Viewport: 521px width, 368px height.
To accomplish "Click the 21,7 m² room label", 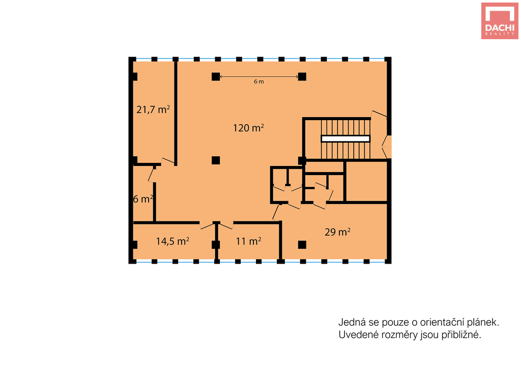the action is point(153,109).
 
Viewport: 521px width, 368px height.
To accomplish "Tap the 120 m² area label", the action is point(248,128).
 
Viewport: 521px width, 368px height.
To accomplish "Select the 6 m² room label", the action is point(143,199).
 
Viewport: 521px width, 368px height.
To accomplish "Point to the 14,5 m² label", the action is point(173,241).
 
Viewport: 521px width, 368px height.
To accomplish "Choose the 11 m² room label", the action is point(248,241).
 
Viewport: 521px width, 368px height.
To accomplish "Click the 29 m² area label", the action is point(338,232).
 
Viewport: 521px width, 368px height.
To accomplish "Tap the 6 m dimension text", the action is point(259,81).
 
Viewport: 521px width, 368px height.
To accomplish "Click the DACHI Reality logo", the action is point(500,21).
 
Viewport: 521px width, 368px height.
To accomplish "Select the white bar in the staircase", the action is point(345,138).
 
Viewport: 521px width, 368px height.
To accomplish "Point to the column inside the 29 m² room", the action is point(302,245).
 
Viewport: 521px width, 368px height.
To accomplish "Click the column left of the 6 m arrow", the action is point(216,77).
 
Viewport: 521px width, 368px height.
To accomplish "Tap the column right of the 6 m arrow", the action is point(302,77).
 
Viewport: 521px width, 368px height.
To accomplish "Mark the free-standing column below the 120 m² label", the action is point(216,160).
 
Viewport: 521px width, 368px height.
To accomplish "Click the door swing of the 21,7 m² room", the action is point(168,161).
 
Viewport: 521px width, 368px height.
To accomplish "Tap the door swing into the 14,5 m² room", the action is point(207,225).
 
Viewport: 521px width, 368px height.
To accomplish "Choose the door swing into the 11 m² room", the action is point(226,225).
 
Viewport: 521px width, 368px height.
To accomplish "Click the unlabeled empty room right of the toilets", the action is point(366,181).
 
